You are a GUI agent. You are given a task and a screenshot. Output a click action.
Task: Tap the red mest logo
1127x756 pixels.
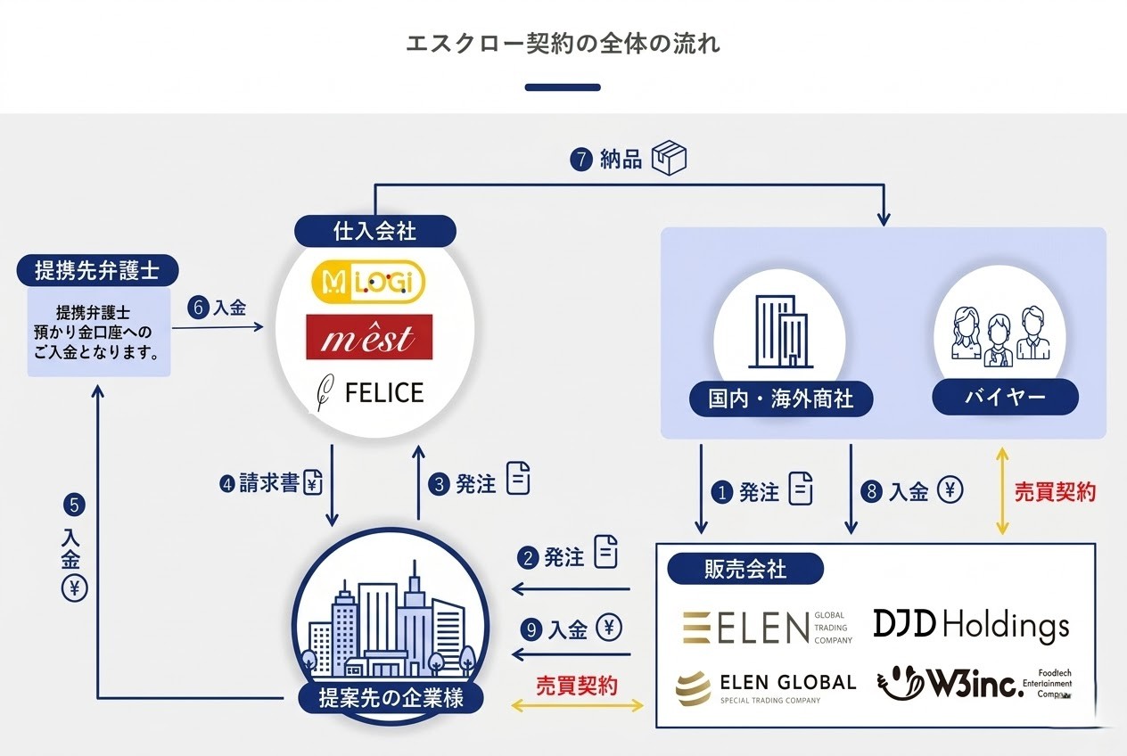point(368,337)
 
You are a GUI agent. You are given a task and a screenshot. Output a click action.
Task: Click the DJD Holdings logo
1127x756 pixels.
point(970,626)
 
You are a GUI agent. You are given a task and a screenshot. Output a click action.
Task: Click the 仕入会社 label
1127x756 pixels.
point(374,232)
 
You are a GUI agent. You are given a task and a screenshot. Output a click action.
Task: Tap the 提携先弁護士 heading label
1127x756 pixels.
point(95,269)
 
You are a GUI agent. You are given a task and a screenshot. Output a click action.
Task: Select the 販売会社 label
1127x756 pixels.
point(740,568)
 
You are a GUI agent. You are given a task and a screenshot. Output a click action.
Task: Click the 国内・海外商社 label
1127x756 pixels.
point(780,398)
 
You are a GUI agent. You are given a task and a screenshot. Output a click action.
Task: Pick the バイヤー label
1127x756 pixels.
point(1005,398)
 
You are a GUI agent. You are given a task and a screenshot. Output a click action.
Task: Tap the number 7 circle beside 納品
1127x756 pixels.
point(581,161)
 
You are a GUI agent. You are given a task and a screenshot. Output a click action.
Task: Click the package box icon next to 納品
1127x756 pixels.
point(670,159)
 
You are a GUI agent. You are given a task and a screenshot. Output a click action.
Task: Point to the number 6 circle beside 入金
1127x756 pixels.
point(199,308)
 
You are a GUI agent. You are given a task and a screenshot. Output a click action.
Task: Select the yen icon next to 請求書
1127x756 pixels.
point(313,484)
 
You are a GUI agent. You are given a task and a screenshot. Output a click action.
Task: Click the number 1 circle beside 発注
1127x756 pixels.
point(722,492)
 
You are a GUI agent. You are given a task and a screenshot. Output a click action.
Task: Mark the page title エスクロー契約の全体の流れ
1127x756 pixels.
point(563,44)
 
